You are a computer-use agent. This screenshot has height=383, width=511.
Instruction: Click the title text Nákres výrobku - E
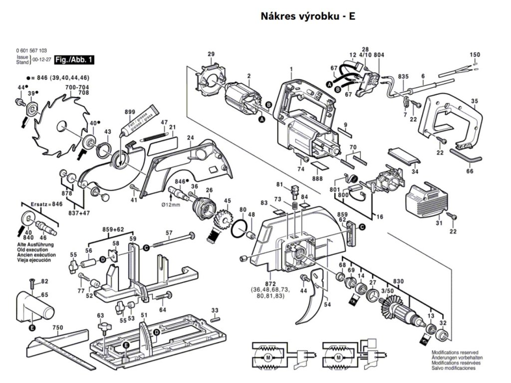click(x=308, y=16)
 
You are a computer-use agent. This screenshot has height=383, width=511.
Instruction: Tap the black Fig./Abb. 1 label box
click(x=74, y=60)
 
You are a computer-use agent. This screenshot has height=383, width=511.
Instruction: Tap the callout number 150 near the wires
click(x=475, y=54)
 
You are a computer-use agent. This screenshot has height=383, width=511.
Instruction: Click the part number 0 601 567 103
click(x=31, y=51)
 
